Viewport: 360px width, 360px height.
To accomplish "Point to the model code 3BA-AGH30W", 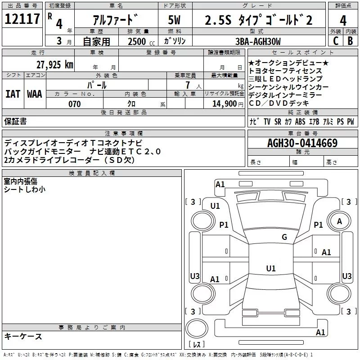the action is pos(258,41).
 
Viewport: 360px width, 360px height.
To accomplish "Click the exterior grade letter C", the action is pos(335,41).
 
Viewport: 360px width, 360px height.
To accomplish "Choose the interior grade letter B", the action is pos(350,41).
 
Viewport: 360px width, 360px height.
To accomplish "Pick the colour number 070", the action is pos(74,104).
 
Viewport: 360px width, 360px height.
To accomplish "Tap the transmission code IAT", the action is pos(13,94).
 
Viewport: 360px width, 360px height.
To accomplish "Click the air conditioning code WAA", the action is pos(35,94).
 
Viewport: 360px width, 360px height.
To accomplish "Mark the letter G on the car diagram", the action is pos(284,237).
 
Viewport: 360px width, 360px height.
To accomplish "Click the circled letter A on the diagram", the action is pos(340,221).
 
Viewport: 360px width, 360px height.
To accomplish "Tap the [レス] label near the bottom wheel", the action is pos(197,345).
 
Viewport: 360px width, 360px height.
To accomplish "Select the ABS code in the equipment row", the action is pos(300,122).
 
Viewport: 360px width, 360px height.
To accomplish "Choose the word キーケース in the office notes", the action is pos(23,337).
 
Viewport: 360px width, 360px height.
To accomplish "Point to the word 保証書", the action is pos(15,121).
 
